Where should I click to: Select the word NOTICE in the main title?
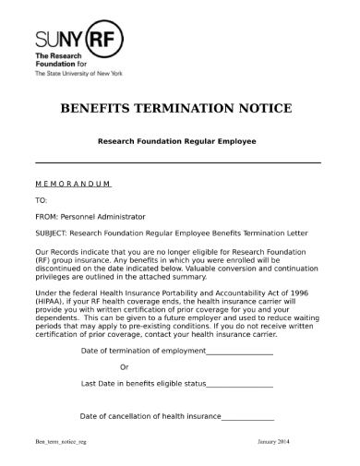point(263,108)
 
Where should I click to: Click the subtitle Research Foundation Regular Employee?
point(177,141)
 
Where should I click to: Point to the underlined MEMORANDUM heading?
point(73,184)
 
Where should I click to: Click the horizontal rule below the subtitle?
point(177,163)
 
